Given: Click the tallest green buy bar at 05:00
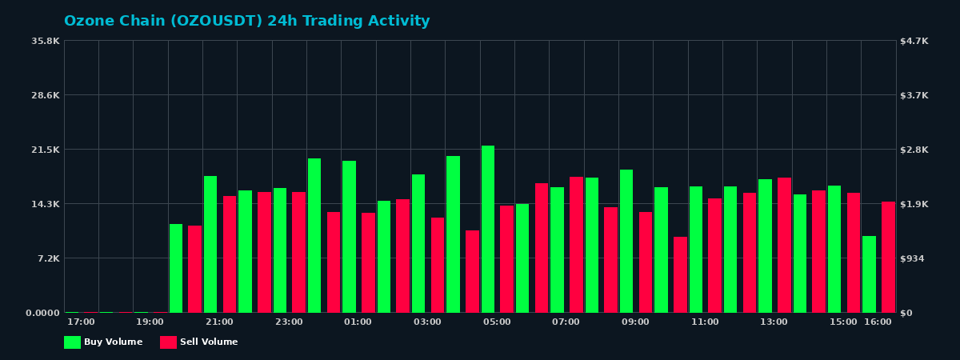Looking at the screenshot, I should point(488,229).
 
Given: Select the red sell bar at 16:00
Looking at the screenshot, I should point(888,257).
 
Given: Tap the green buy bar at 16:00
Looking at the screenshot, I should point(869,274).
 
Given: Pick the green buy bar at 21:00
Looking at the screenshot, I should point(210,244).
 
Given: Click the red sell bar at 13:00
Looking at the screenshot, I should point(784,245).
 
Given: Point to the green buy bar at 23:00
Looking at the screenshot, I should point(280,250).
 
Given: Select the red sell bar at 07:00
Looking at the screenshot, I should point(576,245).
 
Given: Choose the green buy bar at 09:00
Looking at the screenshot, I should point(626,241).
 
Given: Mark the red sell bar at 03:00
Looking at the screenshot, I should point(438,265).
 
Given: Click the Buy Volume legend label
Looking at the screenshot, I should point(113,342).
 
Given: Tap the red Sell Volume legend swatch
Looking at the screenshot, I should point(168,342).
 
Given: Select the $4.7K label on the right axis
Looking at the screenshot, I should point(914,41).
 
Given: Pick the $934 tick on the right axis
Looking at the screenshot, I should point(913,258).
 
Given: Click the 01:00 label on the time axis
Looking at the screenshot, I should point(358,322).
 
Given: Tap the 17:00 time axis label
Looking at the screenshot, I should point(81,322).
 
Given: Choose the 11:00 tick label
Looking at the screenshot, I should point(705,322).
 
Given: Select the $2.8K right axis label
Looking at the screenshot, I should point(914,150).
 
